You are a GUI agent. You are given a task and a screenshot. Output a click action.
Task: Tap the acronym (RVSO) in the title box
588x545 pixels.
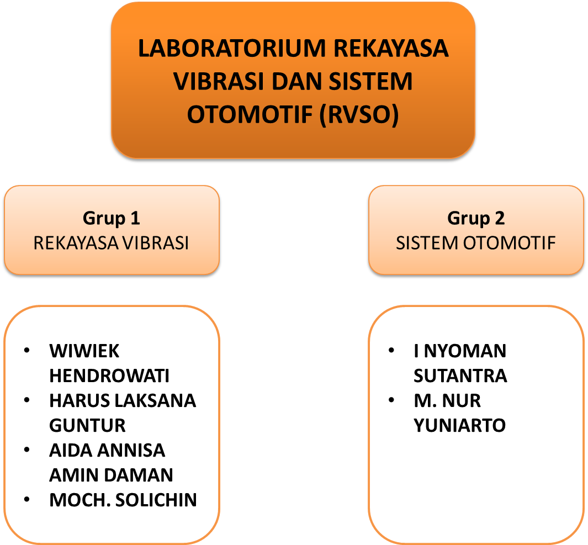359,115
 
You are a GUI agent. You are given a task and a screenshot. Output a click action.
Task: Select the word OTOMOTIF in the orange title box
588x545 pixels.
250,114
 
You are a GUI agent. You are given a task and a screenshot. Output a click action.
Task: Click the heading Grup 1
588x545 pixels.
112,218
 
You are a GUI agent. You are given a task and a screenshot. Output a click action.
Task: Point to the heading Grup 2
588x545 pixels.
476,218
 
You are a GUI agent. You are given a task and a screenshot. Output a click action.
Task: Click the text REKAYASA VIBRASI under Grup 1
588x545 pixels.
111,243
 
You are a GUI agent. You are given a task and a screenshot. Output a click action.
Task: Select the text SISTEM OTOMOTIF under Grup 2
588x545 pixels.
475,243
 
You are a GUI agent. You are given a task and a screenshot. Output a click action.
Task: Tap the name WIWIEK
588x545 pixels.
84,351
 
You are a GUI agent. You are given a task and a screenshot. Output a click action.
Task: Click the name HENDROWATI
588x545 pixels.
109,376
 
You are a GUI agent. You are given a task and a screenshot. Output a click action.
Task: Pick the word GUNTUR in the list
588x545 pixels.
87,425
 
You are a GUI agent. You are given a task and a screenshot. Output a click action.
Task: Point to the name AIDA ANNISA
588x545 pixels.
107,450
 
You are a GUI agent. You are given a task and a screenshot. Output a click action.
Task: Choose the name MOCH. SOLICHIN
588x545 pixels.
123,500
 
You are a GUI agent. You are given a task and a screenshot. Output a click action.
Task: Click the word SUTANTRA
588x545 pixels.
460,376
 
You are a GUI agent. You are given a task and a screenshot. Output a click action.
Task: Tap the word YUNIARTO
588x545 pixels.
460,425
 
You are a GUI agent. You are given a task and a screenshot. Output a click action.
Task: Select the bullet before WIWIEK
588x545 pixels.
27,350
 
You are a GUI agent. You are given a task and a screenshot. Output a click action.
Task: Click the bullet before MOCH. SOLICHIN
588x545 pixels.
27,499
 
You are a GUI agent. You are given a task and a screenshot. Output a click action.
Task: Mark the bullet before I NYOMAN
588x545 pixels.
391,350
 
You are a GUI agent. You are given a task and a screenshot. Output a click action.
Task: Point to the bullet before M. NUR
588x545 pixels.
391,400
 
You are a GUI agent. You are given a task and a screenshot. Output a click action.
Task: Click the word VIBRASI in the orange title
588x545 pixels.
219,81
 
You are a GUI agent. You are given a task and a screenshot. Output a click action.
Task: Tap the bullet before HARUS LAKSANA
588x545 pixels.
27,400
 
